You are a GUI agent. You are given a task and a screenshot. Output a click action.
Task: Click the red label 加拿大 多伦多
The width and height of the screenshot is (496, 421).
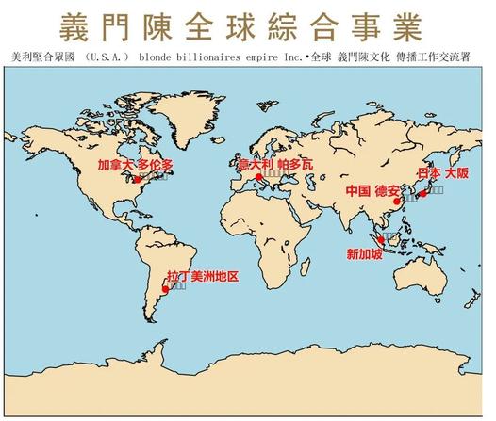pos(137,165)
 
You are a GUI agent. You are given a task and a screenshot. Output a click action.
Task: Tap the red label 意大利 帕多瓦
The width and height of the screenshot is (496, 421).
pos(273,165)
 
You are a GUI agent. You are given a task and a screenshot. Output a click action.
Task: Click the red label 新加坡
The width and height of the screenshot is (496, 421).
pos(366,253)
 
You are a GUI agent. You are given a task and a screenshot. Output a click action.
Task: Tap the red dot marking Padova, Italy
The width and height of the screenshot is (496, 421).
pos(258,177)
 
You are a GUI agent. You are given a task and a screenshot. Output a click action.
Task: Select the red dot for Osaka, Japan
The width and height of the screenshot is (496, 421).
pos(423,194)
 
